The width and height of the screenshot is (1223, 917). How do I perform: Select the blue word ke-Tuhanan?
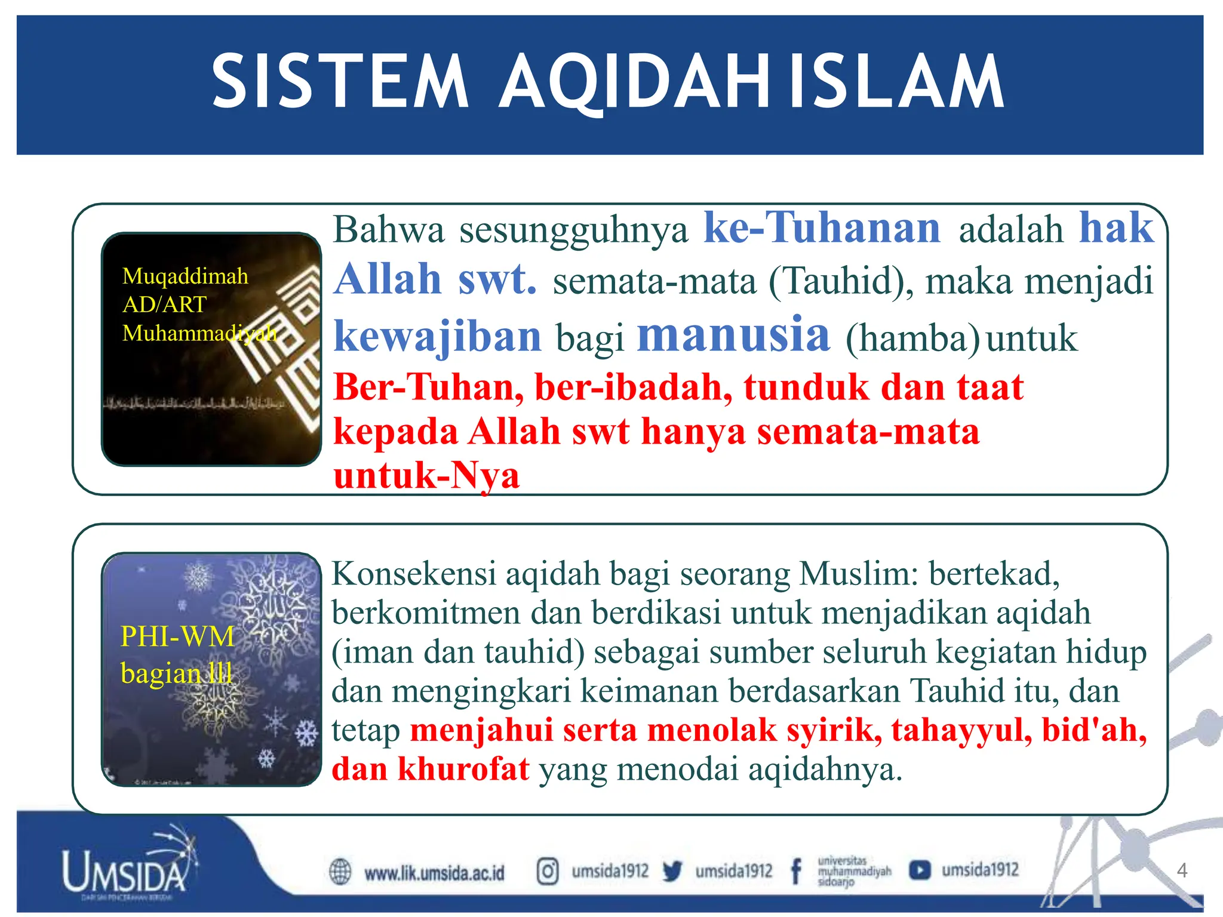[822, 228]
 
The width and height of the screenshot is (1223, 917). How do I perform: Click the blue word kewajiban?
[437, 337]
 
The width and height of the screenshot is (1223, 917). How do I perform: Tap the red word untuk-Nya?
[426, 476]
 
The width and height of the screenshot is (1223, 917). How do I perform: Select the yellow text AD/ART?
[164, 304]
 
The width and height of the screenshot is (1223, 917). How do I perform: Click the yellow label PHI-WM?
[177, 636]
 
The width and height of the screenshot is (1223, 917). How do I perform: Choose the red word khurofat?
[463, 769]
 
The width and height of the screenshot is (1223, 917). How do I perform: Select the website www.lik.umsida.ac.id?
[434, 873]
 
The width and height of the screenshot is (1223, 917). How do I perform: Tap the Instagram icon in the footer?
[547, 871]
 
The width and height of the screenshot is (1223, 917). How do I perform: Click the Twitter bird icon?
[672, 872]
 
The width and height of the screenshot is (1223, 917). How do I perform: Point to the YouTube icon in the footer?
[920, 870]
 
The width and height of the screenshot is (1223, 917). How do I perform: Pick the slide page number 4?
[1181, 870]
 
